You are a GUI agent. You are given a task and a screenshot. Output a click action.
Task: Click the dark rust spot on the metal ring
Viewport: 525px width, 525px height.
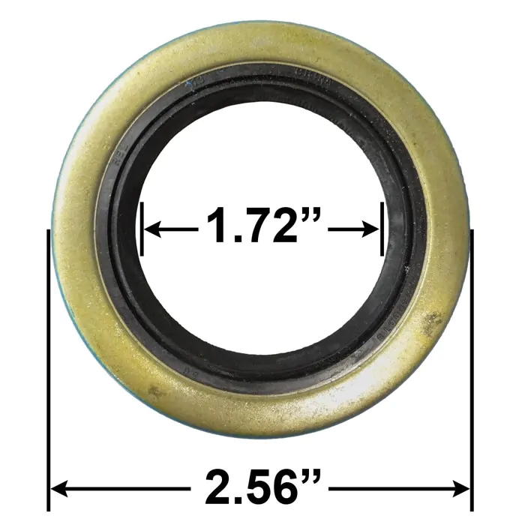(x=431, y=322)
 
